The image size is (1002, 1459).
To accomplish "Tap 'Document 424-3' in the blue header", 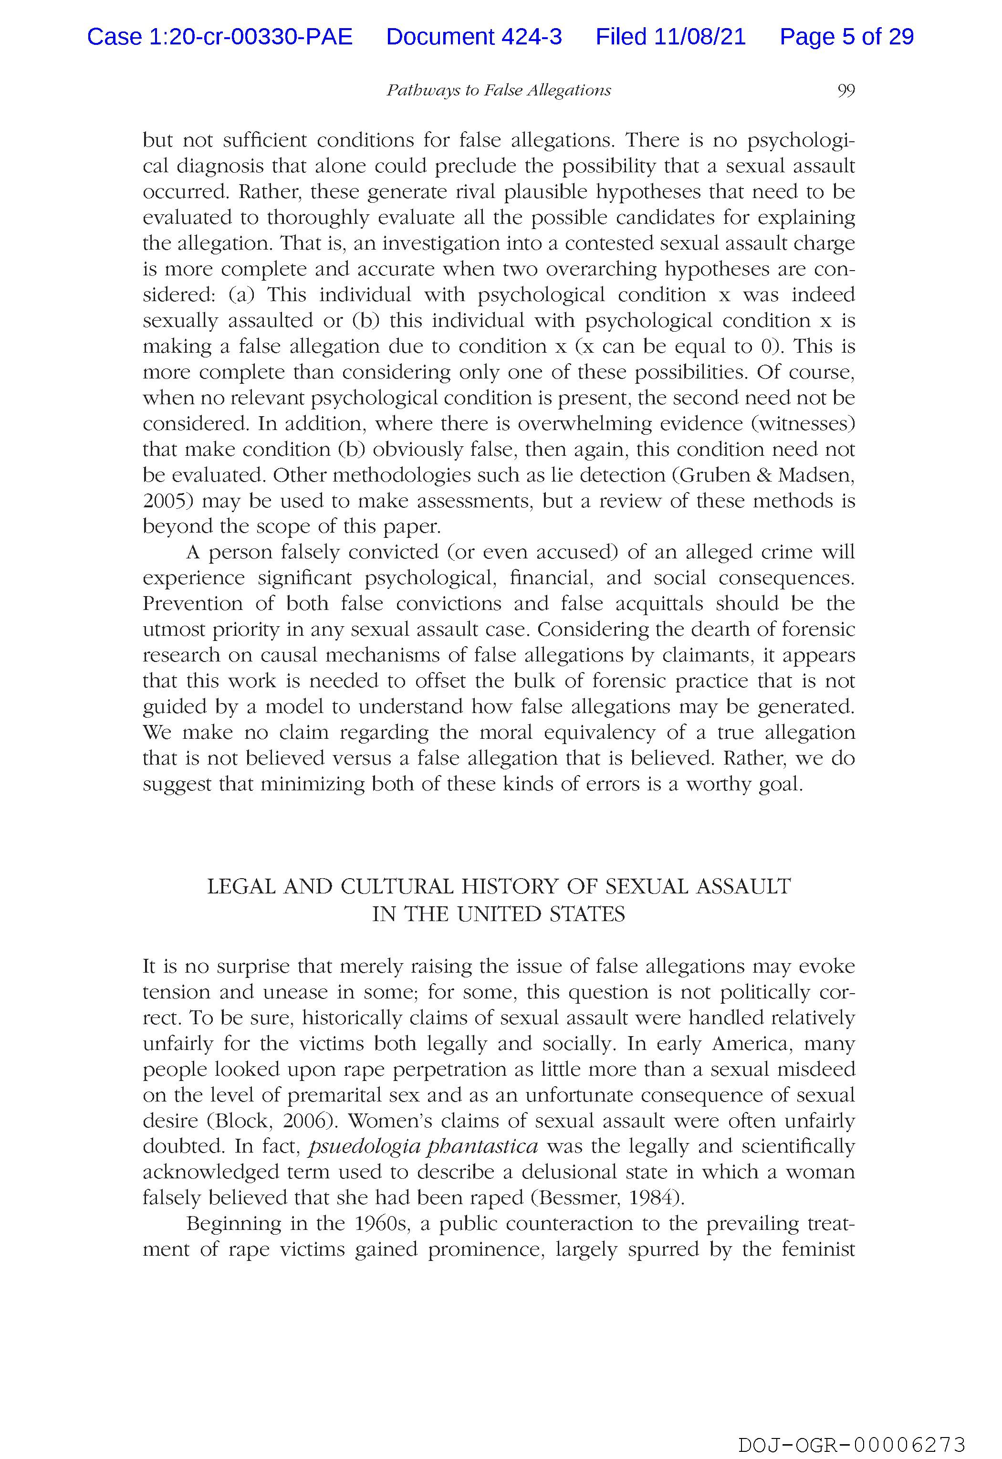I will click(x=474, y=37).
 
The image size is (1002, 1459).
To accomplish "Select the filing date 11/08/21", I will click(x=700, y=37).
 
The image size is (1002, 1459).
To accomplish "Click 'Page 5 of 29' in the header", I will click(x=846, y=37).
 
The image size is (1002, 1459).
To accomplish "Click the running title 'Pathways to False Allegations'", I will click(x=499, y=90).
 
